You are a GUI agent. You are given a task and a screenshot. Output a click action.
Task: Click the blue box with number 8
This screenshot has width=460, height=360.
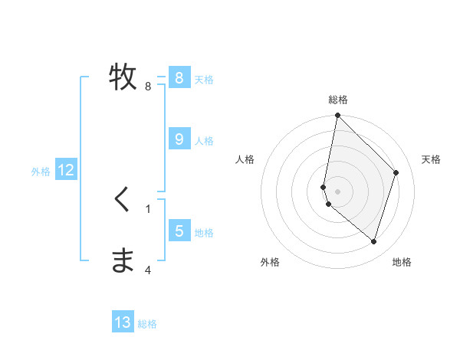pos(179,77)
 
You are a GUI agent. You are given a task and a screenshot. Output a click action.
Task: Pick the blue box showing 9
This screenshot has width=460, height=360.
pos(179,139)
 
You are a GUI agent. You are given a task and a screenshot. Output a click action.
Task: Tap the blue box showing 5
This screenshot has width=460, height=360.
pos(179,231)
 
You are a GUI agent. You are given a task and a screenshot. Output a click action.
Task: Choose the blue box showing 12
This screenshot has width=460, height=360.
pos(66,170)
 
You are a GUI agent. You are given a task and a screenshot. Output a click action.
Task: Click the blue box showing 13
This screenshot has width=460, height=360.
pos(123,322)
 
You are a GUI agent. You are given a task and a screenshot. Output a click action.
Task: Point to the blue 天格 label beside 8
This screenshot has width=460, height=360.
pos(204,79)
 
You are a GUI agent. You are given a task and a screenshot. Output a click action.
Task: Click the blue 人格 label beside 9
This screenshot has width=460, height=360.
pos(204,140)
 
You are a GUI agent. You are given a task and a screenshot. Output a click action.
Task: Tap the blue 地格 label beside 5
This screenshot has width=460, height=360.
pos(204,232)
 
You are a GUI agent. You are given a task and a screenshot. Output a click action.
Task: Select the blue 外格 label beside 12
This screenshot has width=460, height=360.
pos(41,172)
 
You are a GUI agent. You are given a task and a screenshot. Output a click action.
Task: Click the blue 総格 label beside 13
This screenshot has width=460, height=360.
pos(148,324)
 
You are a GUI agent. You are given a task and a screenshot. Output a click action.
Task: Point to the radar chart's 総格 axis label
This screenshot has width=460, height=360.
pos(337,100)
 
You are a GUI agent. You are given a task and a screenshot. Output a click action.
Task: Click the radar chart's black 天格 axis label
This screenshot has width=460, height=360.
pos(431,159)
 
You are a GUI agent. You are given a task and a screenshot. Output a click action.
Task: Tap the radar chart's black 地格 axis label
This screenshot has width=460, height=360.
pos(402,262)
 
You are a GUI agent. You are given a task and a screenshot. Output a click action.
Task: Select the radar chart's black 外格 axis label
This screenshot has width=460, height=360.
pos(270,262)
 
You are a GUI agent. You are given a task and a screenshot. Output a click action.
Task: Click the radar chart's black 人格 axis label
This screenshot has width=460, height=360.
pos(245,159)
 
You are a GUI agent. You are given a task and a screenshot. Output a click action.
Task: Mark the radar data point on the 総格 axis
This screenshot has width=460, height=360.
pos(337,116)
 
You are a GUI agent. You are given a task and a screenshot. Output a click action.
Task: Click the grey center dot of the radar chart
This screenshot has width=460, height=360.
pos(337,191)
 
